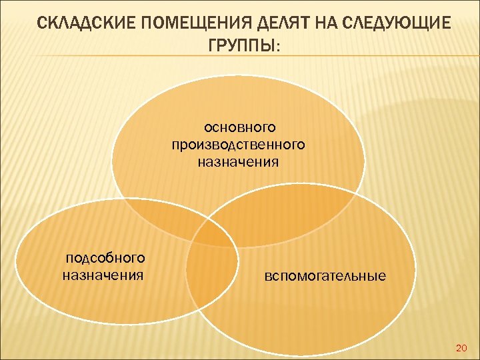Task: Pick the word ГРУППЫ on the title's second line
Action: pyautogui.click(x=236, y=46)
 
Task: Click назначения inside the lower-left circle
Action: pyautogui.click(x=103, y=274)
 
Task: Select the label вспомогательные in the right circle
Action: pyautogui.click(x=325, y=275)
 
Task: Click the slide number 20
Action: pyautogui.click(x=461, y=348)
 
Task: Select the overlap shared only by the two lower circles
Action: pyautogui.click(x=212, y=280)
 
